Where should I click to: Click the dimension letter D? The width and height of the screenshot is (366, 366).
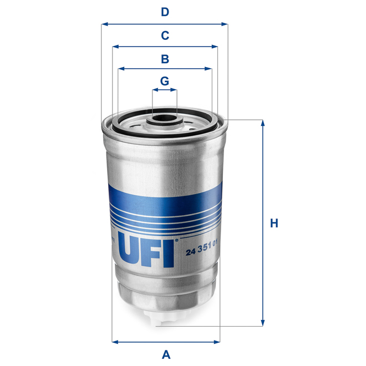click(x=165, y=12)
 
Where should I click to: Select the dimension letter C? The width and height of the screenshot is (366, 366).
click(x=165, y=35)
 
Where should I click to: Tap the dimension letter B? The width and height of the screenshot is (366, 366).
click(x=165, y=59)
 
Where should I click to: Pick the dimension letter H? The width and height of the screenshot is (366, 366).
click(x=273, y=223)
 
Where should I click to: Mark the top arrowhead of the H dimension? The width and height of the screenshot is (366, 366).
click(x=262, y=123)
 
